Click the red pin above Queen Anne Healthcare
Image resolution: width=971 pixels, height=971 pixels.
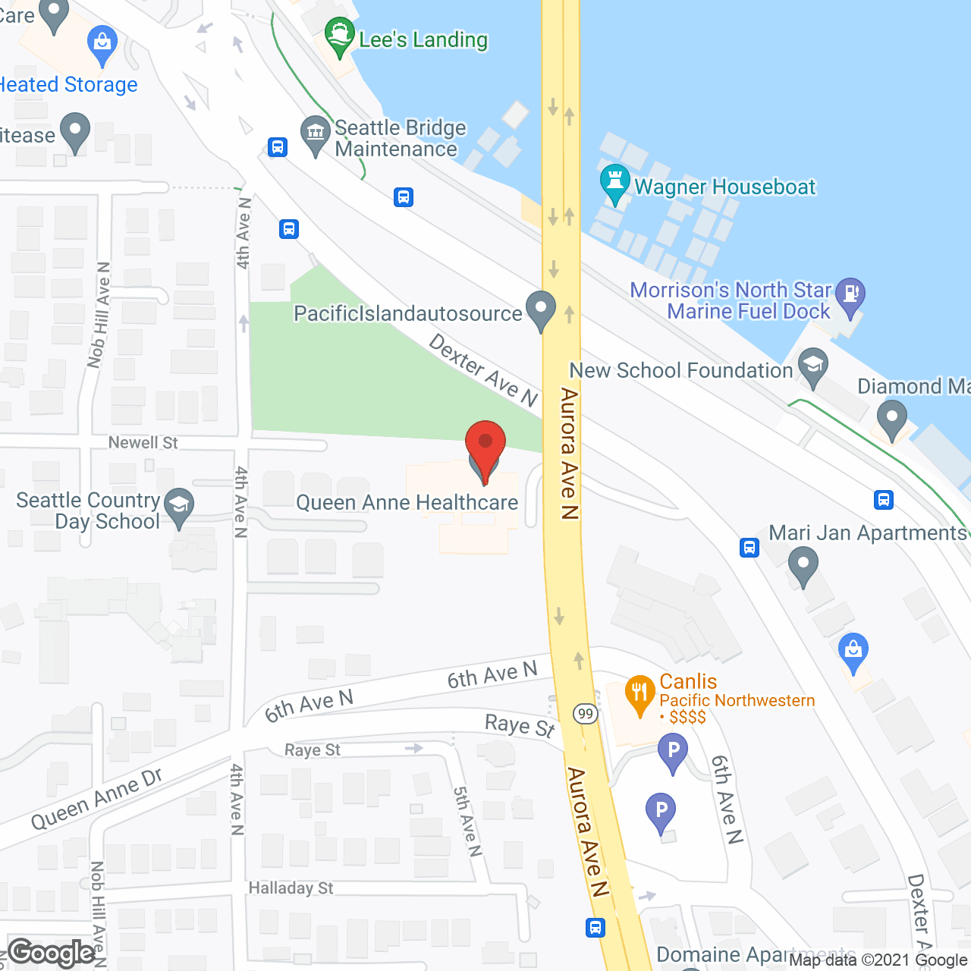coord(485,445)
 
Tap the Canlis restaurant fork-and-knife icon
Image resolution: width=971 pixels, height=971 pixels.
coord(639,692)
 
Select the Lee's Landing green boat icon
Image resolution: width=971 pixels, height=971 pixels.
coord(339,36)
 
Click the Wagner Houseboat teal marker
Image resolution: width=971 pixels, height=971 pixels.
coord(614,182)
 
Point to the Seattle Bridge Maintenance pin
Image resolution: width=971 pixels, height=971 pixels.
coord(315,134)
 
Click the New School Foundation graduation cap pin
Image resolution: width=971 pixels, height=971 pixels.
coord(812,367)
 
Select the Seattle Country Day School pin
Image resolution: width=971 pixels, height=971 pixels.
coord(179,506)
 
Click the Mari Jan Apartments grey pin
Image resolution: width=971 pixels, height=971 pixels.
coord(803,565)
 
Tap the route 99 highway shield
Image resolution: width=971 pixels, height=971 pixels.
coord(585,714)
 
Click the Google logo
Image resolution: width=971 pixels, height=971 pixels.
coord(52,953)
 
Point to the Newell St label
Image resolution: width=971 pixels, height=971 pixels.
coord(143,442)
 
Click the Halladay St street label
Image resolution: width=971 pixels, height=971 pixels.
coord(291,888)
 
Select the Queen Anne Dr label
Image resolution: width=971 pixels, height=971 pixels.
coord(96,799)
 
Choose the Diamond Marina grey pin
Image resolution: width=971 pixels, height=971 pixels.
coord(892,418)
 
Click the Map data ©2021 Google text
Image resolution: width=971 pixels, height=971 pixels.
coord(878,960)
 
